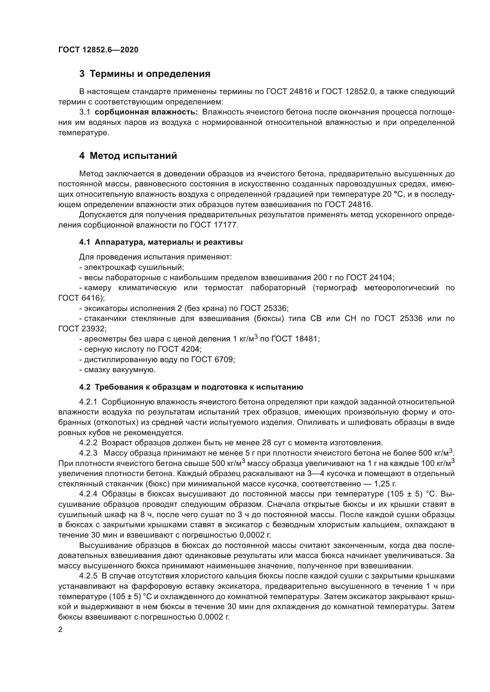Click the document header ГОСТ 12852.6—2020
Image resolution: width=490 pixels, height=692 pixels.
[98, 50]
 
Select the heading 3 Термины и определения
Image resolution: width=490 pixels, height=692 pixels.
[145, 74]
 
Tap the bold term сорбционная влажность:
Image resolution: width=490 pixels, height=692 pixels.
[146, 112]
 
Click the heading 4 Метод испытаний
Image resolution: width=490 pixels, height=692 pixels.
[128, 156]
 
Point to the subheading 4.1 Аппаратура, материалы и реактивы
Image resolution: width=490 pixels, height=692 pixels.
[161, 242]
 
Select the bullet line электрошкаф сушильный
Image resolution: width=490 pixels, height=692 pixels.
[132, 267]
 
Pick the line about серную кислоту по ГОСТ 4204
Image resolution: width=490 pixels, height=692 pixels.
[140, 349]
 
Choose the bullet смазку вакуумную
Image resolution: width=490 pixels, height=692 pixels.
[118, 370]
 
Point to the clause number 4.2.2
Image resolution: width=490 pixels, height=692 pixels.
[88, 443]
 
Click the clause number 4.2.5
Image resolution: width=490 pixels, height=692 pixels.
[88, 576]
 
